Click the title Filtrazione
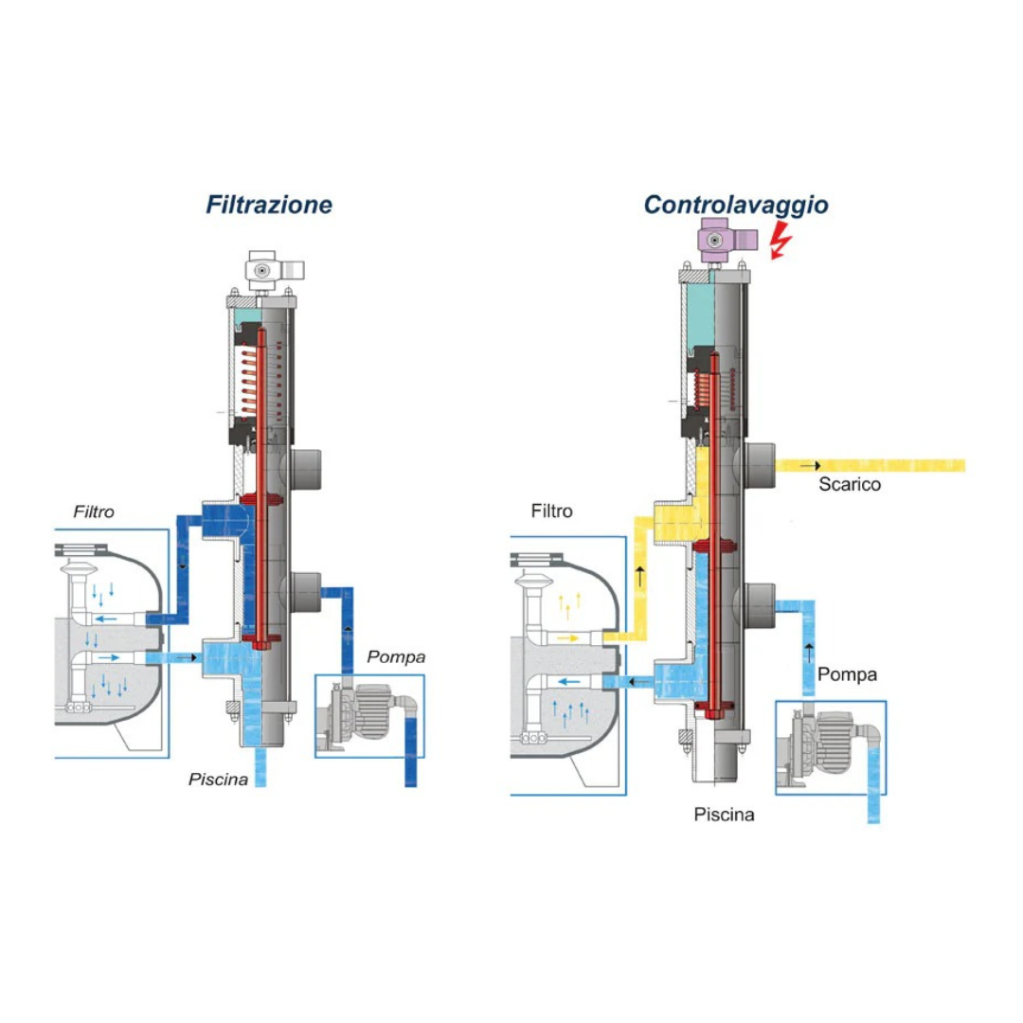coord(270,204)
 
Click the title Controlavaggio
coord(736,204)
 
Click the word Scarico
coord(850,485)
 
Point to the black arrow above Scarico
coord(811,466)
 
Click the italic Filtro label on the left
coord(94,511)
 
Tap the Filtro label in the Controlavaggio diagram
coord(551,511)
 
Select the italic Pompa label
coord(396,656)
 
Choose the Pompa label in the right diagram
coord(847,674)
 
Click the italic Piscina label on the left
coord(218,780)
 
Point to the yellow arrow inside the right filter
coord(569,638)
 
